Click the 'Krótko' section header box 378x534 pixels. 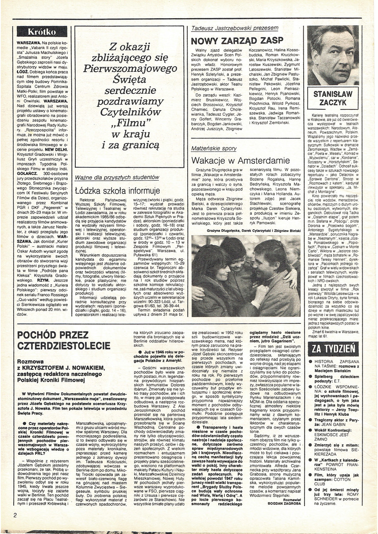coord(42,32)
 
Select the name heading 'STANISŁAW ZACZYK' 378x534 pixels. coord(332,100)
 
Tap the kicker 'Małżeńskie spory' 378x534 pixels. coord(214,149)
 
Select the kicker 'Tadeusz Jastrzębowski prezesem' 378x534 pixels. coord(235,28)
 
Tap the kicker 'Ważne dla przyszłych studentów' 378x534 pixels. coord(117,178)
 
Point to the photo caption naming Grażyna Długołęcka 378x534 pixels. coord(246,231)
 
